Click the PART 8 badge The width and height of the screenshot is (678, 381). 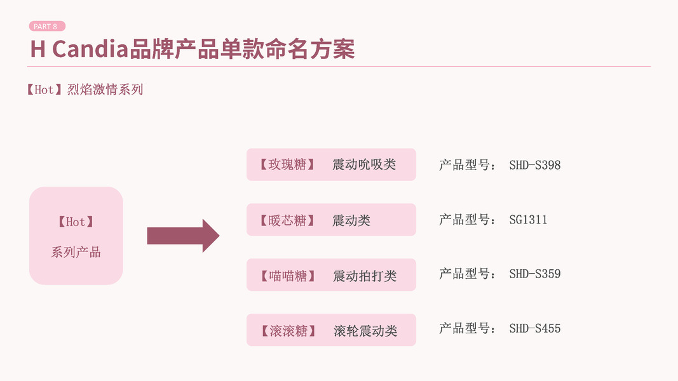(x=46, y=26)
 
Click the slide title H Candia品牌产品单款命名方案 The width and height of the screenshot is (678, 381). (x=193, y=49)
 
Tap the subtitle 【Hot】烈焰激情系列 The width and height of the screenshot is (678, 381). (x=85, y=90)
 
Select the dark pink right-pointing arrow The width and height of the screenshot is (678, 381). (x=183, y=236)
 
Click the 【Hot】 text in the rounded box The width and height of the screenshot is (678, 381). (x=76, y=222)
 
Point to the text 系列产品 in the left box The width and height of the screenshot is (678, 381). (x=76, y=252)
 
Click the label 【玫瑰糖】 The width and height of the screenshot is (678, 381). (x=287, y=164)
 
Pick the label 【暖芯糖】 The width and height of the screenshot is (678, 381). (x=287, y=220)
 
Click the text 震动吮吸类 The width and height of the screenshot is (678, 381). (x=364, y=164)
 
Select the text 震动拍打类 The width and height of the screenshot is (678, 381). (x=365, y=276)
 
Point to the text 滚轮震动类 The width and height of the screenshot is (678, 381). (x=365, y=331)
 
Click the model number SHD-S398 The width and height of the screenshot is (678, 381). (x=535, y=165)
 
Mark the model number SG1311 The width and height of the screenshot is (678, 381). (x=528, y=220)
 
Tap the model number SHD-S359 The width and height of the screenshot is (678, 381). (x=535, y=274)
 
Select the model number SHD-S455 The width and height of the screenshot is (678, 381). (x=535, y=329)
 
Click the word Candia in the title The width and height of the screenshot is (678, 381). (x=90, y=49)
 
